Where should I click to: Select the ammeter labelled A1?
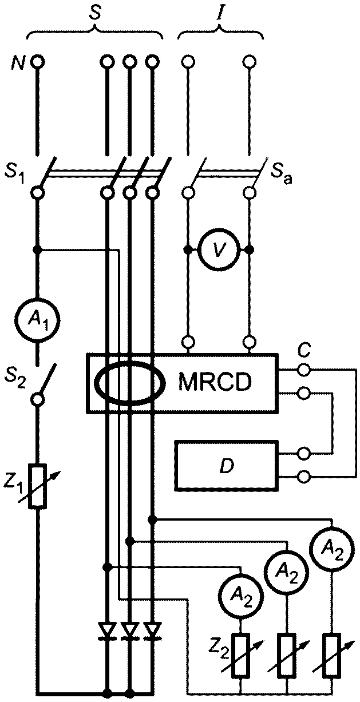coord(38,320)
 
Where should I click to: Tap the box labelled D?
coord(227,465)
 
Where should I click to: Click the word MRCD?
coord(215,382)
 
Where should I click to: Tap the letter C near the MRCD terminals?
coord(303,351)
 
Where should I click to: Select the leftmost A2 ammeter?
coord(241,598)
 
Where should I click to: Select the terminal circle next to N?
coord(38,61)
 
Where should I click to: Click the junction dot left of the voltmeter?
coord(188,250)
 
